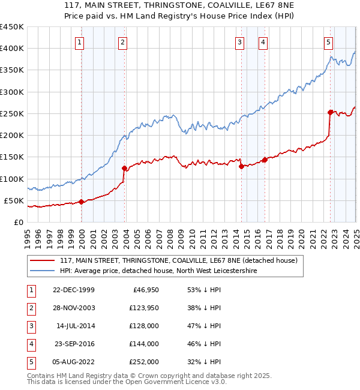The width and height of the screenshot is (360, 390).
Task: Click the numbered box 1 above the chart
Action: [x=80, y=42]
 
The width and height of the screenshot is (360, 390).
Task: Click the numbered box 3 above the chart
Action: [x=239, y=42]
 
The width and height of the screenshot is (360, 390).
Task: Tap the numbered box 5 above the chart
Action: [x=329, y=42]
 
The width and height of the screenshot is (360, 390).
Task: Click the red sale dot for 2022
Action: [x=330, y=112]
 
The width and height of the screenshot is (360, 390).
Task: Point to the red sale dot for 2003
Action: [x=125, y=168]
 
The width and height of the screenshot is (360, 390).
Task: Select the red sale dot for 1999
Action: [x=82, y=202]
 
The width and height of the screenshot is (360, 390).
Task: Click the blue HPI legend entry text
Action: [x=158, y=271]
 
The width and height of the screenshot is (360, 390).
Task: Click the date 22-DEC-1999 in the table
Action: [x=74, y=290]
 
